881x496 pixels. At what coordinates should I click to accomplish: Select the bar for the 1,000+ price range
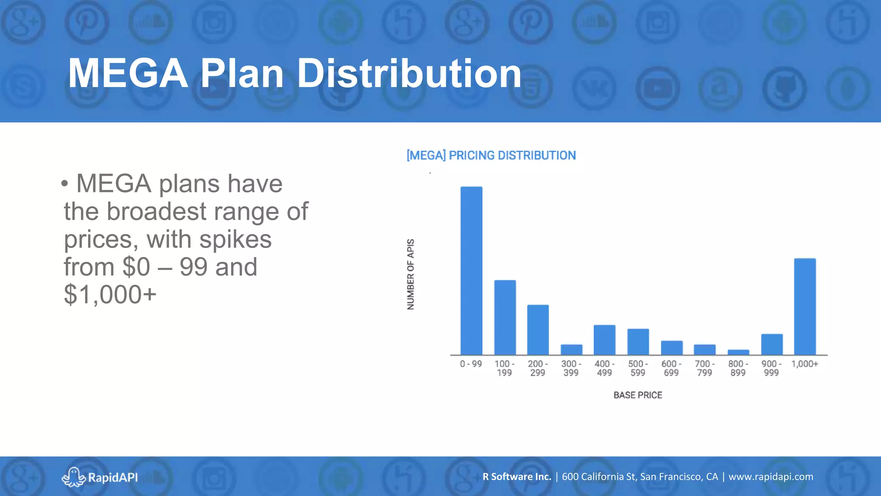pos(805,307)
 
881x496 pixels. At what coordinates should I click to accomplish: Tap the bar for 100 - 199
pos(505,317)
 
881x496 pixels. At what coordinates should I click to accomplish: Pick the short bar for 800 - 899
pos(738,352)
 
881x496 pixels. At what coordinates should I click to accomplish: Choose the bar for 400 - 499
pos(604,340)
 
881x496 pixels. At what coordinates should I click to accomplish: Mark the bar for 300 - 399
pos(571,350)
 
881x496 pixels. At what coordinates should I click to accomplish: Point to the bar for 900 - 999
pos(772,344)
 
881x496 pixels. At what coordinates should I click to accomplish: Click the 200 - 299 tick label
pos(538,368)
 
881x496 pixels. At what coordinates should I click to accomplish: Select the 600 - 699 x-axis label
pos(671,368)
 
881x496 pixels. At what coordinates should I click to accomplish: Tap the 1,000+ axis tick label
pos(804,364)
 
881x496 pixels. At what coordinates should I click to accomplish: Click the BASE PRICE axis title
pos(638,395)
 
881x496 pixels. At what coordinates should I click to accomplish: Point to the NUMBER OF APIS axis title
pos(410,274)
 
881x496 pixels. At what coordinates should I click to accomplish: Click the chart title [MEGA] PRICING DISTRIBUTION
pos(491,155)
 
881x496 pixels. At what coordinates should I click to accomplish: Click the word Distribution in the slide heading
pos(409,74)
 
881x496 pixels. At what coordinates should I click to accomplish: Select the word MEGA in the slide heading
pos(128,74)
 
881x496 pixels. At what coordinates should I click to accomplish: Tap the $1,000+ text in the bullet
pos(110,294)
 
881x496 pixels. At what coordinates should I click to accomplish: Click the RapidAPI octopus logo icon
pos(73,477)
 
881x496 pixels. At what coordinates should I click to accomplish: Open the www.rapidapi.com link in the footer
pos(770,477)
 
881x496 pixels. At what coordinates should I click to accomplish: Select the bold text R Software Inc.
pos(517,477)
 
